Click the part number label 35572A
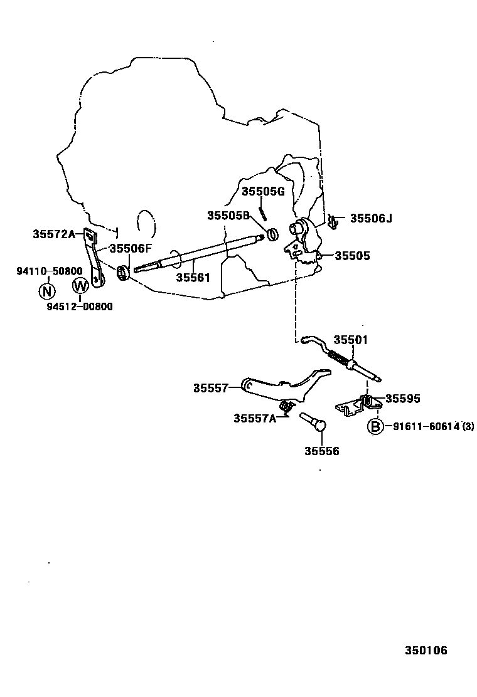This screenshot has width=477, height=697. [x=53, y=234]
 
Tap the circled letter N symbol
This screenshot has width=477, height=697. [x=47, y=291]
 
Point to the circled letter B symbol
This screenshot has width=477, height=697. [x=374, y=427]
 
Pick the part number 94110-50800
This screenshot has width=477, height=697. [x=49, y=271]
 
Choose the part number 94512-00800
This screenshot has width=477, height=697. [x=80, y=307]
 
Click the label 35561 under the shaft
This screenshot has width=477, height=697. [x=193, y=278]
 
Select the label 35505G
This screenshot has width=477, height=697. [x=264, y=191]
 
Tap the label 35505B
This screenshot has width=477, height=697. [x=228, y=215]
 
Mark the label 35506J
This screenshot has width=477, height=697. [x=371, y=218]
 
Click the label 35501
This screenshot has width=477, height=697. [x=350, y=340]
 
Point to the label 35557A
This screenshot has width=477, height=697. [x=255, y=418]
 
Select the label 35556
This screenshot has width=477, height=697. [x=322, y=451]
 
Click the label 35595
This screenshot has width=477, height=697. [x=402, y=399]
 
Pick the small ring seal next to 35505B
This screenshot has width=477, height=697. [x=273, y=234]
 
